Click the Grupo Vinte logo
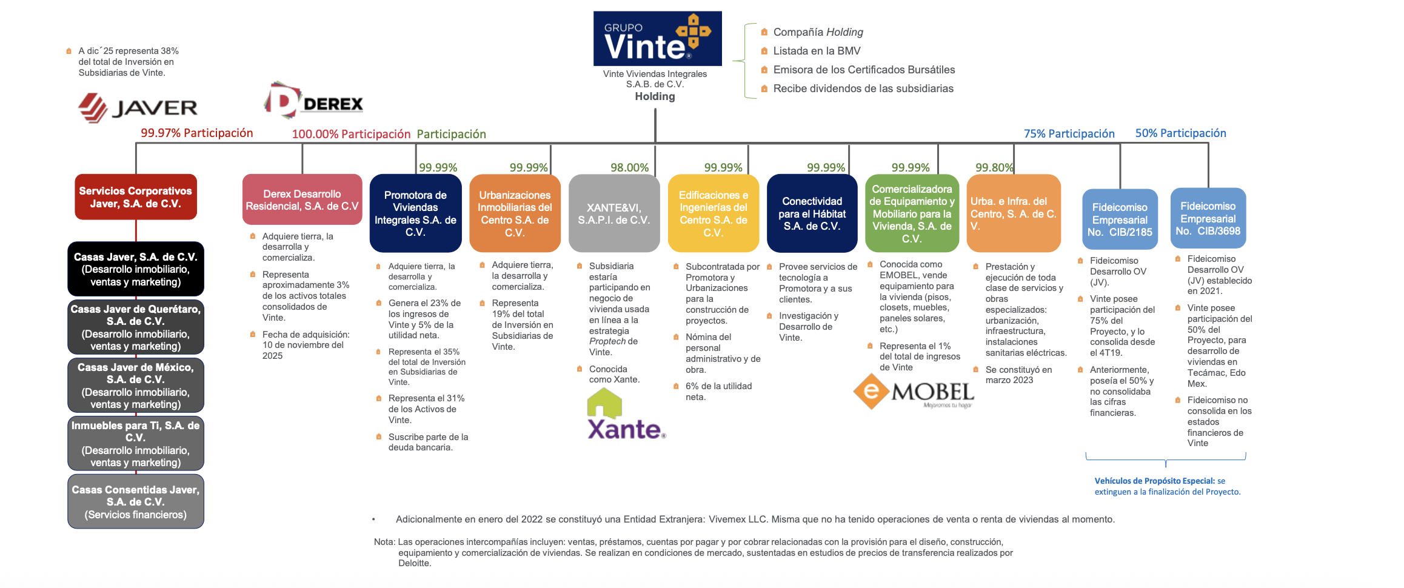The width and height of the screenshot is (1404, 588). [x=657, y=38]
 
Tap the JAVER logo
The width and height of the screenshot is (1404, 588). [x=138, y=108]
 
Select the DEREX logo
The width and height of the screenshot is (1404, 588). [x=313, y=100]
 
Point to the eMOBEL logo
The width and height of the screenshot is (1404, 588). [x=914, y=392]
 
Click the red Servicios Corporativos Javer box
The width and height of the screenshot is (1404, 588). [x=136, y=197]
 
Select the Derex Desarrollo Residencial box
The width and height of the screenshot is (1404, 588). [x=302, y=200]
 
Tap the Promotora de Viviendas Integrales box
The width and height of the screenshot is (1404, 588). [x=415, y=213]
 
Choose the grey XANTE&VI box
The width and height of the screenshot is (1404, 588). [x=613, y=213]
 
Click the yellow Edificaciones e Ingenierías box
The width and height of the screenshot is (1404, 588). [x=714, y=213]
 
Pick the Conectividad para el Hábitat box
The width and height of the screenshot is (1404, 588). [x=812, y=213]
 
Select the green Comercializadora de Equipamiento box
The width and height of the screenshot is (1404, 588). [x=912, y=213]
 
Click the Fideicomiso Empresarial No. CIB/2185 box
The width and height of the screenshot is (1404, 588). [x=1120, y=219]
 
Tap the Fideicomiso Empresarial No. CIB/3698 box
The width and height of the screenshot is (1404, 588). [x=1208, y=218]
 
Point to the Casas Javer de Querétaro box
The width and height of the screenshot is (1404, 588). [x=136, y=327]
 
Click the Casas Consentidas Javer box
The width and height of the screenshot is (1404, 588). [x=136, y=502]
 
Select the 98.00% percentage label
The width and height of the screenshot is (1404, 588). [x=629, y=167]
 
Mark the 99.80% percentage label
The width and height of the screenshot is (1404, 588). [x=994, y=167]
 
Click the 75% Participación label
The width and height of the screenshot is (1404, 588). [x=1069, y=133]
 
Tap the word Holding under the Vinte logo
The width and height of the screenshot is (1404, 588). [x=655, y=96]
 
